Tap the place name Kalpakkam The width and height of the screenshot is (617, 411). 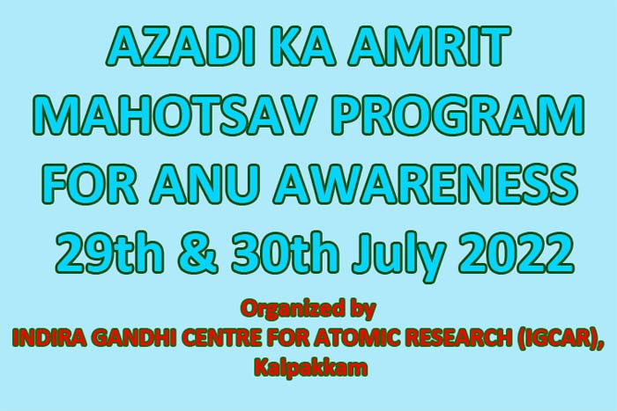pyautogui.click(x=311, y=368)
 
